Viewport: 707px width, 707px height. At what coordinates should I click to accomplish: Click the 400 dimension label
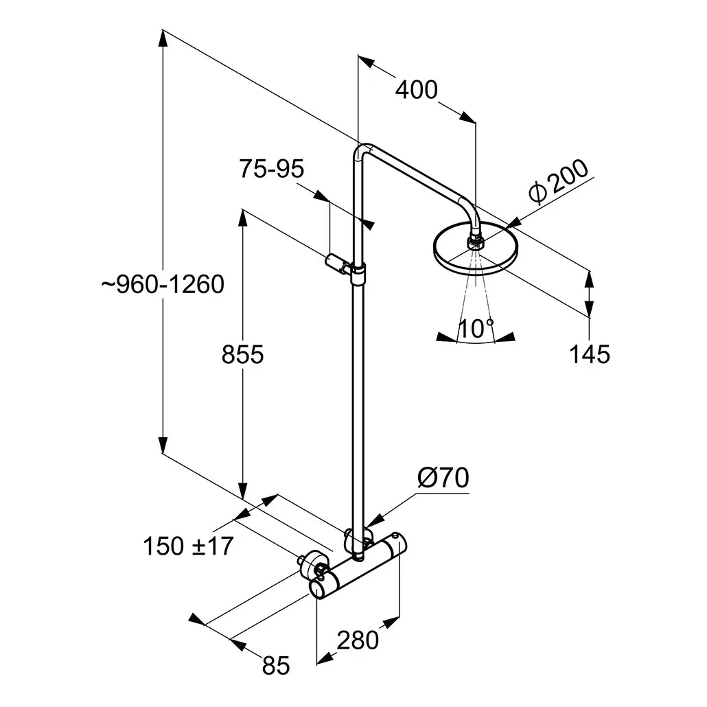click(x=416, y=90)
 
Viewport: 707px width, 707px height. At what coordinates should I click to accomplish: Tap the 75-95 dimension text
click(x=271, y=169)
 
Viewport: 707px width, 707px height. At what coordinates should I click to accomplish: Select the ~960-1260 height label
click(x=162, y=284)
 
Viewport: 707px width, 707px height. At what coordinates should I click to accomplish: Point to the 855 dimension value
click(x=242, y=354)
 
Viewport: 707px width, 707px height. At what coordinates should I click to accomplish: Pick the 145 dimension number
click(x=590, y=354)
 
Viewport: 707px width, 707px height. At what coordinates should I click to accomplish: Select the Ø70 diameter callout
click(x=443, y=478)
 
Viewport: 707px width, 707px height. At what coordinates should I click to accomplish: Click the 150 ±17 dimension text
click(x=188, y=546)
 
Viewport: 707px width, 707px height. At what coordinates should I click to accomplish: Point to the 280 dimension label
click(x=358, y=640)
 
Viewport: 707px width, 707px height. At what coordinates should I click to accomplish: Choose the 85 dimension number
click(x=275, y=666)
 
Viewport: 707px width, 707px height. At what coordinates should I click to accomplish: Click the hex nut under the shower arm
click(x=474, y=243)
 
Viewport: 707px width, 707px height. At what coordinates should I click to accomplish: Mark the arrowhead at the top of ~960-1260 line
click(x=163, y=38)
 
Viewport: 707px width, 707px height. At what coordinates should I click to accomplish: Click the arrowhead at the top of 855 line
click(x=242, y=218)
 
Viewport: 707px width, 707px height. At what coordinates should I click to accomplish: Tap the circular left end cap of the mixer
click(x=318, y=590)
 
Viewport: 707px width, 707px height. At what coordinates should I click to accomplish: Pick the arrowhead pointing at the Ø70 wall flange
click(x=373, y=521)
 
